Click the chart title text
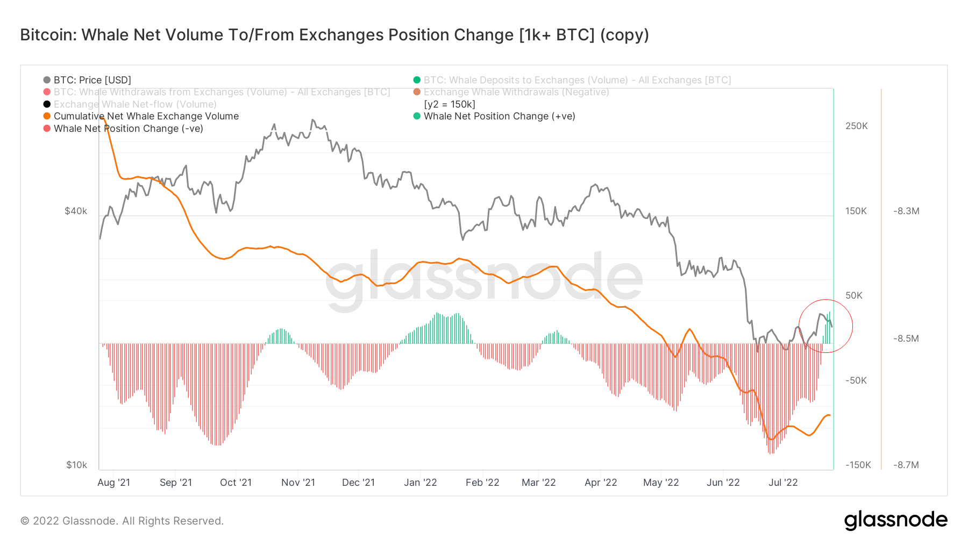coord(334,35)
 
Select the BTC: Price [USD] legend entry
coord(92,80)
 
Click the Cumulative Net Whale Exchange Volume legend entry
coord(146,116)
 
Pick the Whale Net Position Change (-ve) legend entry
coord(128,129)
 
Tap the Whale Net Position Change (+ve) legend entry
coord(499,116)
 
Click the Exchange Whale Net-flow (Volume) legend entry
coord(135,104)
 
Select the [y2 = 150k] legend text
coord(450,104)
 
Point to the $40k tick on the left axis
coord(76,211)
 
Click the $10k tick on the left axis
coord(76,465)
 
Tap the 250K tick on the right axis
coord(857,126)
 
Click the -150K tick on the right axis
coord(858,465)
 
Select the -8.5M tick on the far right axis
coord(906,338)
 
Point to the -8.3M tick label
coord(906,211)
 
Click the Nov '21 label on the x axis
coord(298,483)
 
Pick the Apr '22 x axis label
coord(601,483)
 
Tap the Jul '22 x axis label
coord(783,483)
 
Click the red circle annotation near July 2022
coord(826,300)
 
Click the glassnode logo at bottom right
coord(895,520)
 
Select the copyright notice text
coord(122,521)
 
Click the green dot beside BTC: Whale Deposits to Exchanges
coord(417,80)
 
